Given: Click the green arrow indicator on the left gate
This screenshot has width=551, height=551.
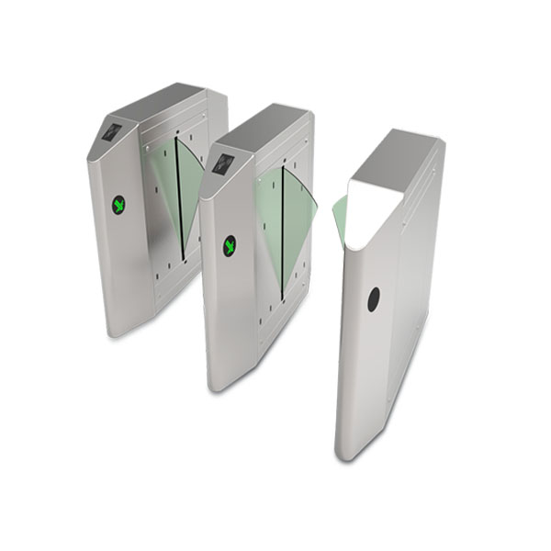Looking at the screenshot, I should click(x=118, y=205).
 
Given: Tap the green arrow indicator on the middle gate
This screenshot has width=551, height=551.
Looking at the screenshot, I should click(x=230, y=245).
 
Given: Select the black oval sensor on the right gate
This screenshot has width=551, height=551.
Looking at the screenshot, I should click(x=374, y=298).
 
